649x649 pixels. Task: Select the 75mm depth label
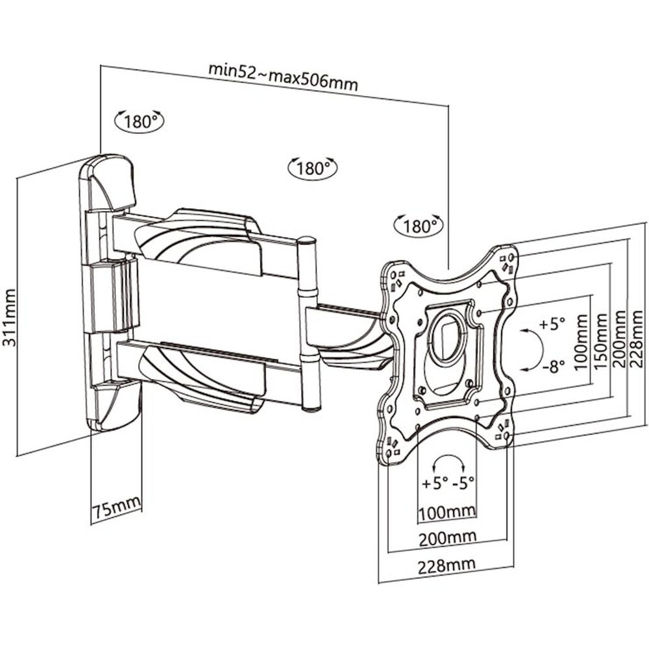click(116, 508)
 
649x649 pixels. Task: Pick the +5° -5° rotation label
click(448, 483)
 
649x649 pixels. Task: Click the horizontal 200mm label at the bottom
click(447, 537)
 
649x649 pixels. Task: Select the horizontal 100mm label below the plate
click(447, 513)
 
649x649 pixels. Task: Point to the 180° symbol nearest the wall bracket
click(138, 121)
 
